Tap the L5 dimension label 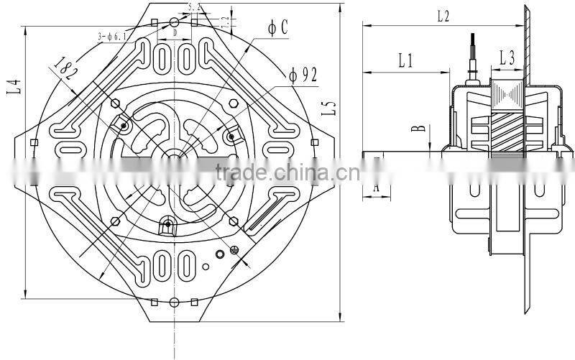331,107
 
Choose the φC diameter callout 278,28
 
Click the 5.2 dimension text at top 193,7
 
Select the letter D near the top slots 175,32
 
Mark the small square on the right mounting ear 314,142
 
